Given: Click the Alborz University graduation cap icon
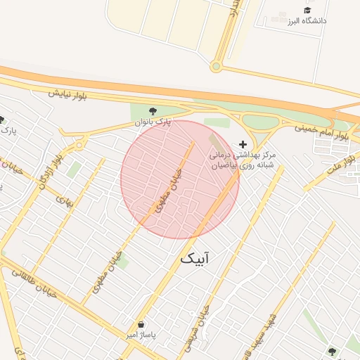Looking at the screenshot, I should [x=307, y=9].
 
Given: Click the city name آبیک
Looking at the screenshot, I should [x=195, y=259].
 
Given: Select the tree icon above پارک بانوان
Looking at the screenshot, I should [x=153, y=110].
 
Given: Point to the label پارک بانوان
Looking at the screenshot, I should [x=153, y=122].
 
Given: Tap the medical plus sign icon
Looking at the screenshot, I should [x=243, y=143].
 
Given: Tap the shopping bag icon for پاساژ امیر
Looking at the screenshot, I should [x=143, y=325].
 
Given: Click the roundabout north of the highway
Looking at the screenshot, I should [x=216, y=67].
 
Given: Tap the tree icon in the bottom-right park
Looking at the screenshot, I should [x=332, y=351].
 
